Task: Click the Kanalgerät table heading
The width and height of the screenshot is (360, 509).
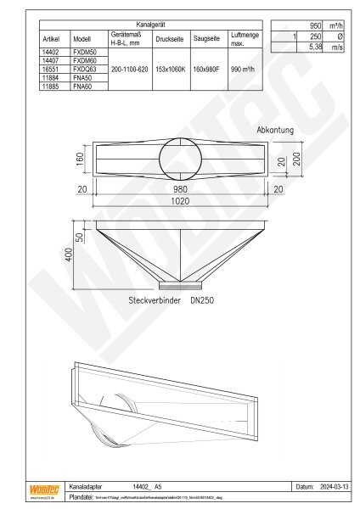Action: pos(149,26)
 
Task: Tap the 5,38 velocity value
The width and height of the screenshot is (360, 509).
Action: pos(307,48)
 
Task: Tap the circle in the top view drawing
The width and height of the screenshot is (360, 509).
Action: pos(181,157)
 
